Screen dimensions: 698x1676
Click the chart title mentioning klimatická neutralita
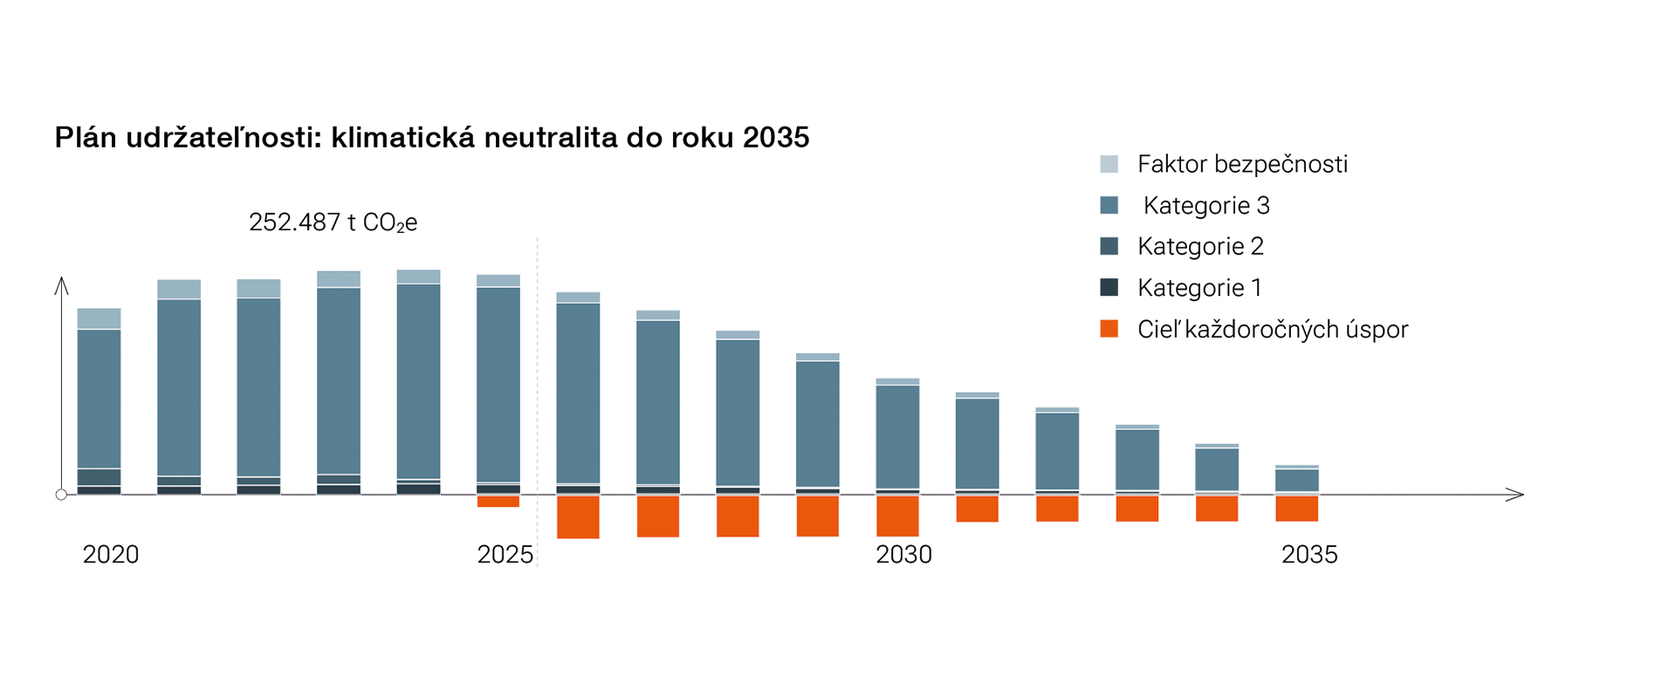click(432, 138)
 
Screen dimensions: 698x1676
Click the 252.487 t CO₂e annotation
click(333, 222)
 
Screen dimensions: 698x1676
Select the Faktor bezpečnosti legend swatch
click(1109, 164)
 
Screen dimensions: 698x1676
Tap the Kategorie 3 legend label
click(1206, 206)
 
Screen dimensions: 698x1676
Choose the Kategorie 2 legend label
click(1200, 247)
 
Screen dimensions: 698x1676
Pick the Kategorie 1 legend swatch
click(1109, 287)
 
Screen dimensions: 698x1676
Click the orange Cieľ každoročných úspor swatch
click(1109, 329)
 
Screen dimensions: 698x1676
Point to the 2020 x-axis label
click(111, 555)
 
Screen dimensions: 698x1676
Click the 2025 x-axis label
click(505, 555)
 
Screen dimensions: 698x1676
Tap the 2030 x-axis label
click(903, 555)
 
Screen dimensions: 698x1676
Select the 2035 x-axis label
click(1309, 555)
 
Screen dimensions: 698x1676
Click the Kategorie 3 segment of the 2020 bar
click(99, 399)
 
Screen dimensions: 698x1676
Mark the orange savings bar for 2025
click(498, 502)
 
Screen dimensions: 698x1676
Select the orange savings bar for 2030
click(897, 516)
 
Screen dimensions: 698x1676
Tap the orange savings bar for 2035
click(1296, 509)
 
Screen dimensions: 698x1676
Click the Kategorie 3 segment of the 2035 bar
click(1296, 481)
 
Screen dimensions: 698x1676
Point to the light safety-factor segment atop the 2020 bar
click(99, 318)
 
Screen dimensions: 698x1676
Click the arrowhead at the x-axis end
click(1516, 495)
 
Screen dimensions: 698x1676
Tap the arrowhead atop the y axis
click(61, 284)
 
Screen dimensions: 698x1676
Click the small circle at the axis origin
click(61, 495)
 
